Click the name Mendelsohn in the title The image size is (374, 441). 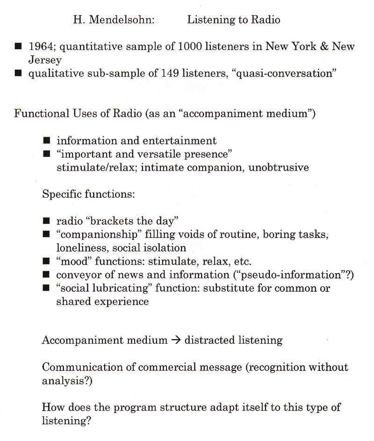click(x=117, y=20)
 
